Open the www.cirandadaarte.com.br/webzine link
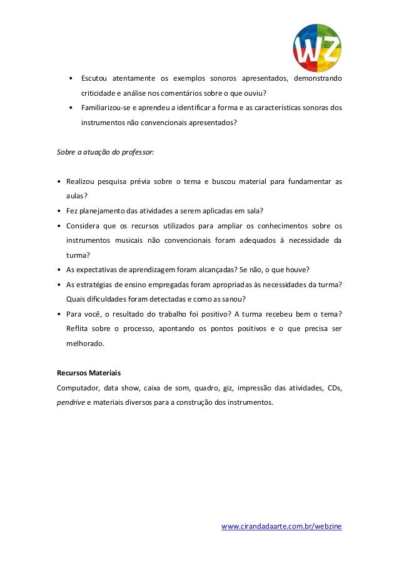point(282,527)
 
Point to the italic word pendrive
point(70,402)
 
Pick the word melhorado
point(86,344)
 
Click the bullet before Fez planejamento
point(59,211)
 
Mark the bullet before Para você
point(59,314)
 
